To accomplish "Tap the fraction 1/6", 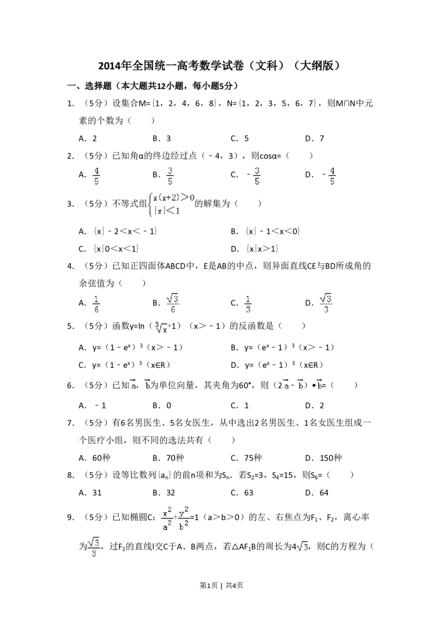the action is click(96, 304).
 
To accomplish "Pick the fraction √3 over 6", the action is click(173, 304).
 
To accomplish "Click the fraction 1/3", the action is click(248, 304).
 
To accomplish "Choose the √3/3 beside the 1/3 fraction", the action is click(327, 304).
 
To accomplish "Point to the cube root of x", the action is click(160, 328).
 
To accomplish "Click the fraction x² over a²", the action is click(167, 518).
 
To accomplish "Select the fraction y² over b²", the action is click(184, 518).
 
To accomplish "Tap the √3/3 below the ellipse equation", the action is click(94, 547).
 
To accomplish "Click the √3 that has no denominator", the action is click(302, 547).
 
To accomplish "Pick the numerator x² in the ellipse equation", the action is click(167, 512).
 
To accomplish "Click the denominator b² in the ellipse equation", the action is click(184, 526).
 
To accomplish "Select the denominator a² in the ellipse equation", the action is click(167, 526).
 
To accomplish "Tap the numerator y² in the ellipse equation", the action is click(184, 512).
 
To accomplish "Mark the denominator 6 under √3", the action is click(173, 310).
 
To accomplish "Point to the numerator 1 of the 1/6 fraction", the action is click(96, 298).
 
